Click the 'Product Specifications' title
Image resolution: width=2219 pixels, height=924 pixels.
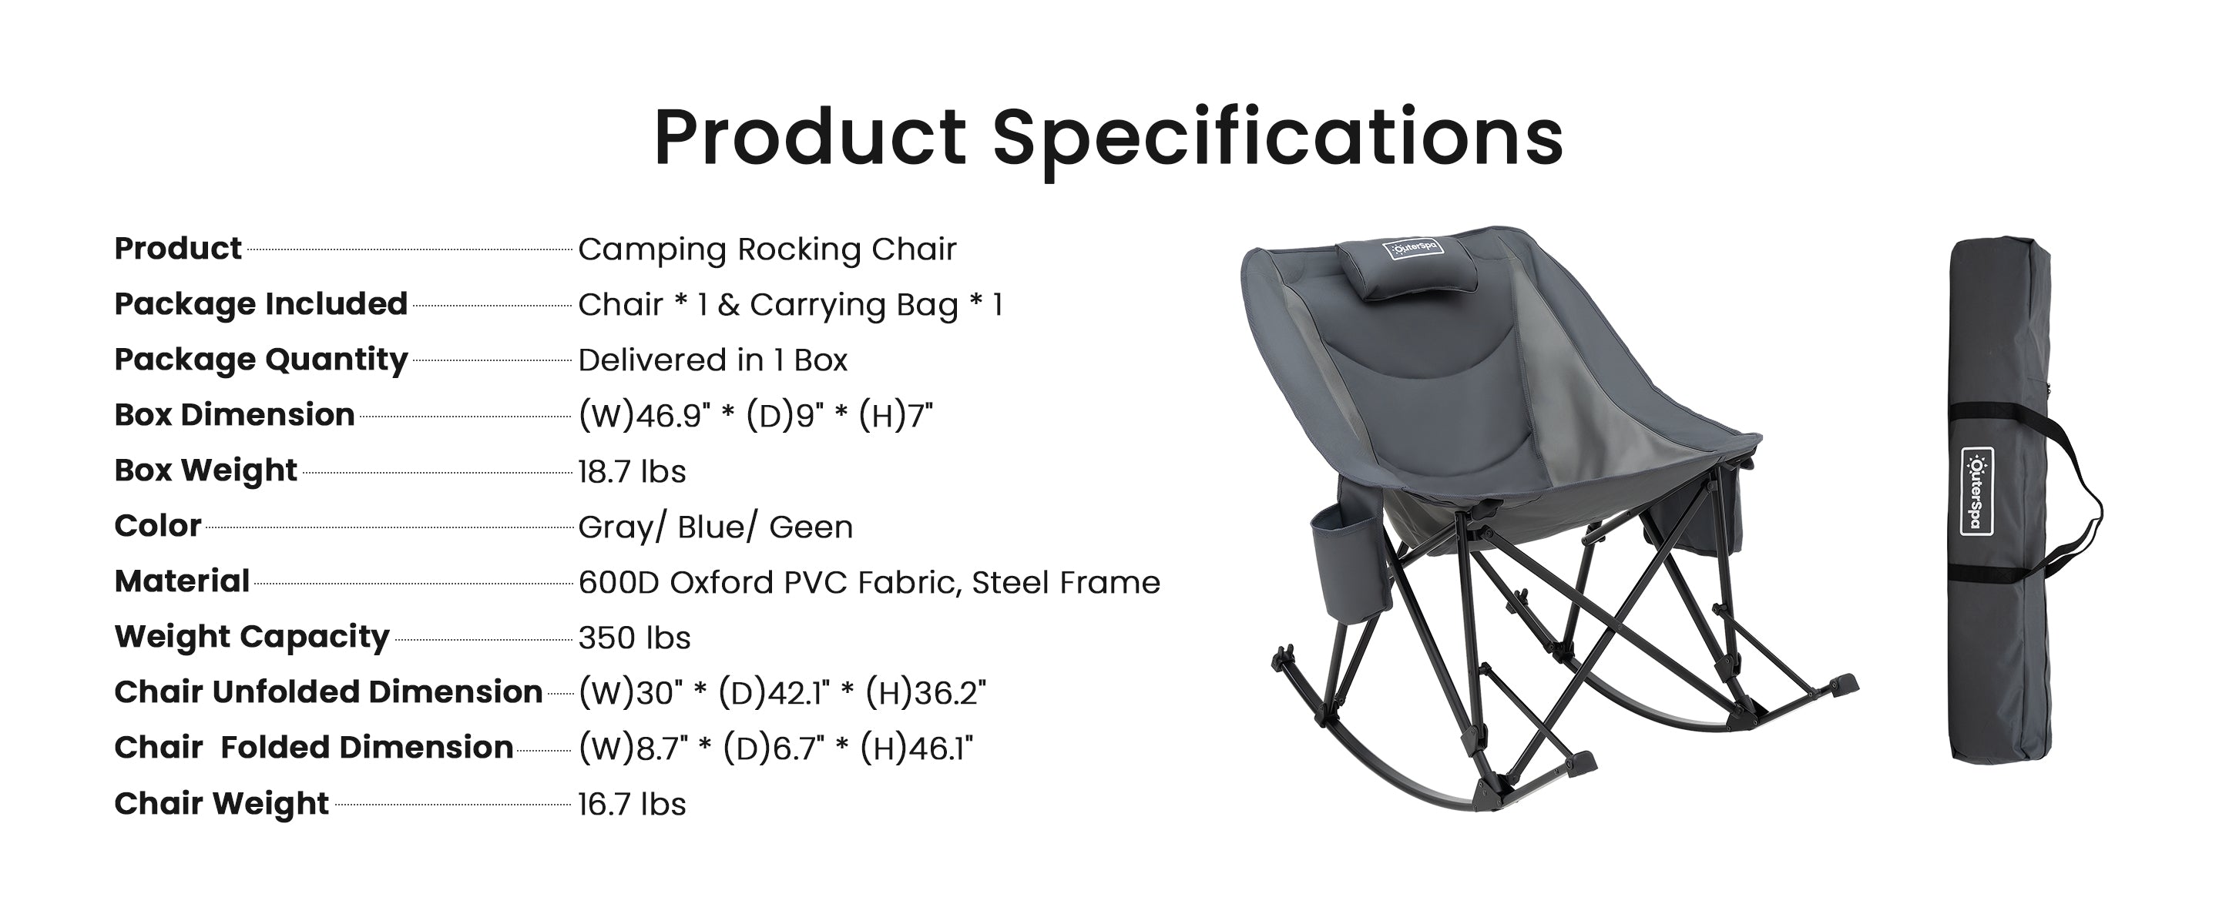pyautogui.click(x=1108, y=138)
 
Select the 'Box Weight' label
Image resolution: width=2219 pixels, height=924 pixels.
pyautogui.click(x=205, y=470)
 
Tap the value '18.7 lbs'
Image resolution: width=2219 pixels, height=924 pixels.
pyautogui.click(x=632, y=472)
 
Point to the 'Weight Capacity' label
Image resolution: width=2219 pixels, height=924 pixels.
pyautogui.click(x=251, y=636)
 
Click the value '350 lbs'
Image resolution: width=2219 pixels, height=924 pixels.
pyautogui.click(x=634, y=638)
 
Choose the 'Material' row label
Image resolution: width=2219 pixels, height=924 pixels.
pyautogui.click(x=182, y=581)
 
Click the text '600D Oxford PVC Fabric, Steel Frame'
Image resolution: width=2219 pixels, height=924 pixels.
pyautogui.click(x=868, y=583)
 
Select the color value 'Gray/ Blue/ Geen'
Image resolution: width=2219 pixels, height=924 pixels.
pyautogui.click(x=715, y=527)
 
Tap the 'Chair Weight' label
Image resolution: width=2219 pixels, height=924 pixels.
pyautogui.click(x=221, y=802)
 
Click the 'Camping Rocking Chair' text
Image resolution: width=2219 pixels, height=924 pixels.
pyautogui.click(x=767, y=249)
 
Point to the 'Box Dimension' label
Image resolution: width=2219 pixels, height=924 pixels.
pyautogui.click(x=233, y=415)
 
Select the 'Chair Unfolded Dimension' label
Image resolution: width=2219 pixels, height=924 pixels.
pyautogui.click(x=328, y=691)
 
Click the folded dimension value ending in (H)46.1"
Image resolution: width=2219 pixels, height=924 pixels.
pyautogui.click(x=775, y=748)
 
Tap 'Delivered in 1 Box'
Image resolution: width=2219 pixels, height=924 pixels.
pyautogui.click(x=713, y=360)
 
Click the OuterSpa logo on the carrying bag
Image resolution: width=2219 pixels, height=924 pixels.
pyautogui.click(x=1977, y=490)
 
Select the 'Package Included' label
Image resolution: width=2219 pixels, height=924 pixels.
pyautogui.click(x=260, y=304)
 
